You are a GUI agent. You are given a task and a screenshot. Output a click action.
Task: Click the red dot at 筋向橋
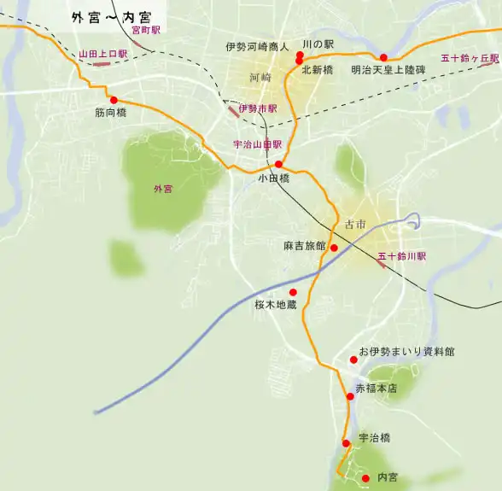114,99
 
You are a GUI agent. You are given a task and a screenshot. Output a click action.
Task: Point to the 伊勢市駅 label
258,108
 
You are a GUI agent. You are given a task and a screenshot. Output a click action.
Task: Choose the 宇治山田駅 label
257,145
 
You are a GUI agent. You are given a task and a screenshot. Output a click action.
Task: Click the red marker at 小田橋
278,164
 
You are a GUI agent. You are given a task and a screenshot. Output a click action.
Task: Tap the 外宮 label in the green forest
162,189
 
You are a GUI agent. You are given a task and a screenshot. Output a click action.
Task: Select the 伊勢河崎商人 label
258,47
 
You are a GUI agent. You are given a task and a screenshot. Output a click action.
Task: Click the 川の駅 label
318,44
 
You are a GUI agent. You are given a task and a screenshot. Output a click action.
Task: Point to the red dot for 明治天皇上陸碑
383,57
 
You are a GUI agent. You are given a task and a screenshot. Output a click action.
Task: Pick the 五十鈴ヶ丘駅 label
470,58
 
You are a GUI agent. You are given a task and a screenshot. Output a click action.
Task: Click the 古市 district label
355,225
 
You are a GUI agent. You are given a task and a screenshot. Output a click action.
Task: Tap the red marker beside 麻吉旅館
334,248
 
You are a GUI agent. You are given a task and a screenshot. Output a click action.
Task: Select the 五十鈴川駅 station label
401,256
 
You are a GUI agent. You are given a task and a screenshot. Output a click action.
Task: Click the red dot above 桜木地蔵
294,291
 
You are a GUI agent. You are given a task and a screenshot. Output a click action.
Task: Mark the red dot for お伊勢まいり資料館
353,359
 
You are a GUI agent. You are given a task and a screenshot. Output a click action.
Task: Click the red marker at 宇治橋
346,442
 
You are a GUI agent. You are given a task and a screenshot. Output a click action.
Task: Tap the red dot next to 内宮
365,477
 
